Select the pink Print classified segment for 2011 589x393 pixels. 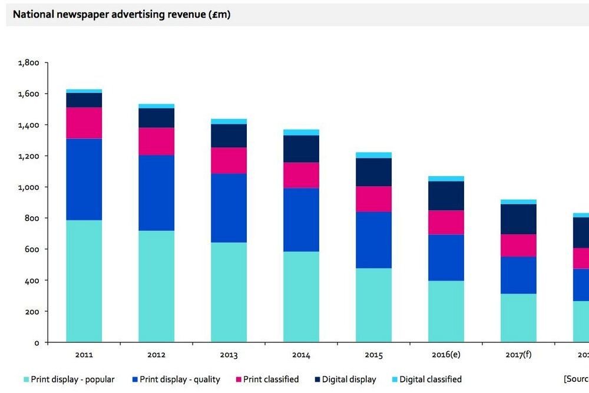[84, 123]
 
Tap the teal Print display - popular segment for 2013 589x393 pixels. [229, 292]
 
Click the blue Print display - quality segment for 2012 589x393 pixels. [156, 193]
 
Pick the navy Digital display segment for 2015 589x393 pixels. [373, 172]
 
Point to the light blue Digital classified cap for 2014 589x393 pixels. [301, 133]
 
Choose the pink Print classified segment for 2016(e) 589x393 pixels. [446, 222]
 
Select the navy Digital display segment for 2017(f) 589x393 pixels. [518, 219]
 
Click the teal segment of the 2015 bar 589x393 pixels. [373, 305]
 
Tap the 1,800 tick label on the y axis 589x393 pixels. [28, 62]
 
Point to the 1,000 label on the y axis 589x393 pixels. [28, 187]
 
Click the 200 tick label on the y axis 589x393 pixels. [32, 312]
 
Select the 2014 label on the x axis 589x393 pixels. [301, 355]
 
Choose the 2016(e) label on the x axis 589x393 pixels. [446, 355]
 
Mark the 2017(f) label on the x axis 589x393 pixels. [518, 355]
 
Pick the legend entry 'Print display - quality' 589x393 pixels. [177, 379]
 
